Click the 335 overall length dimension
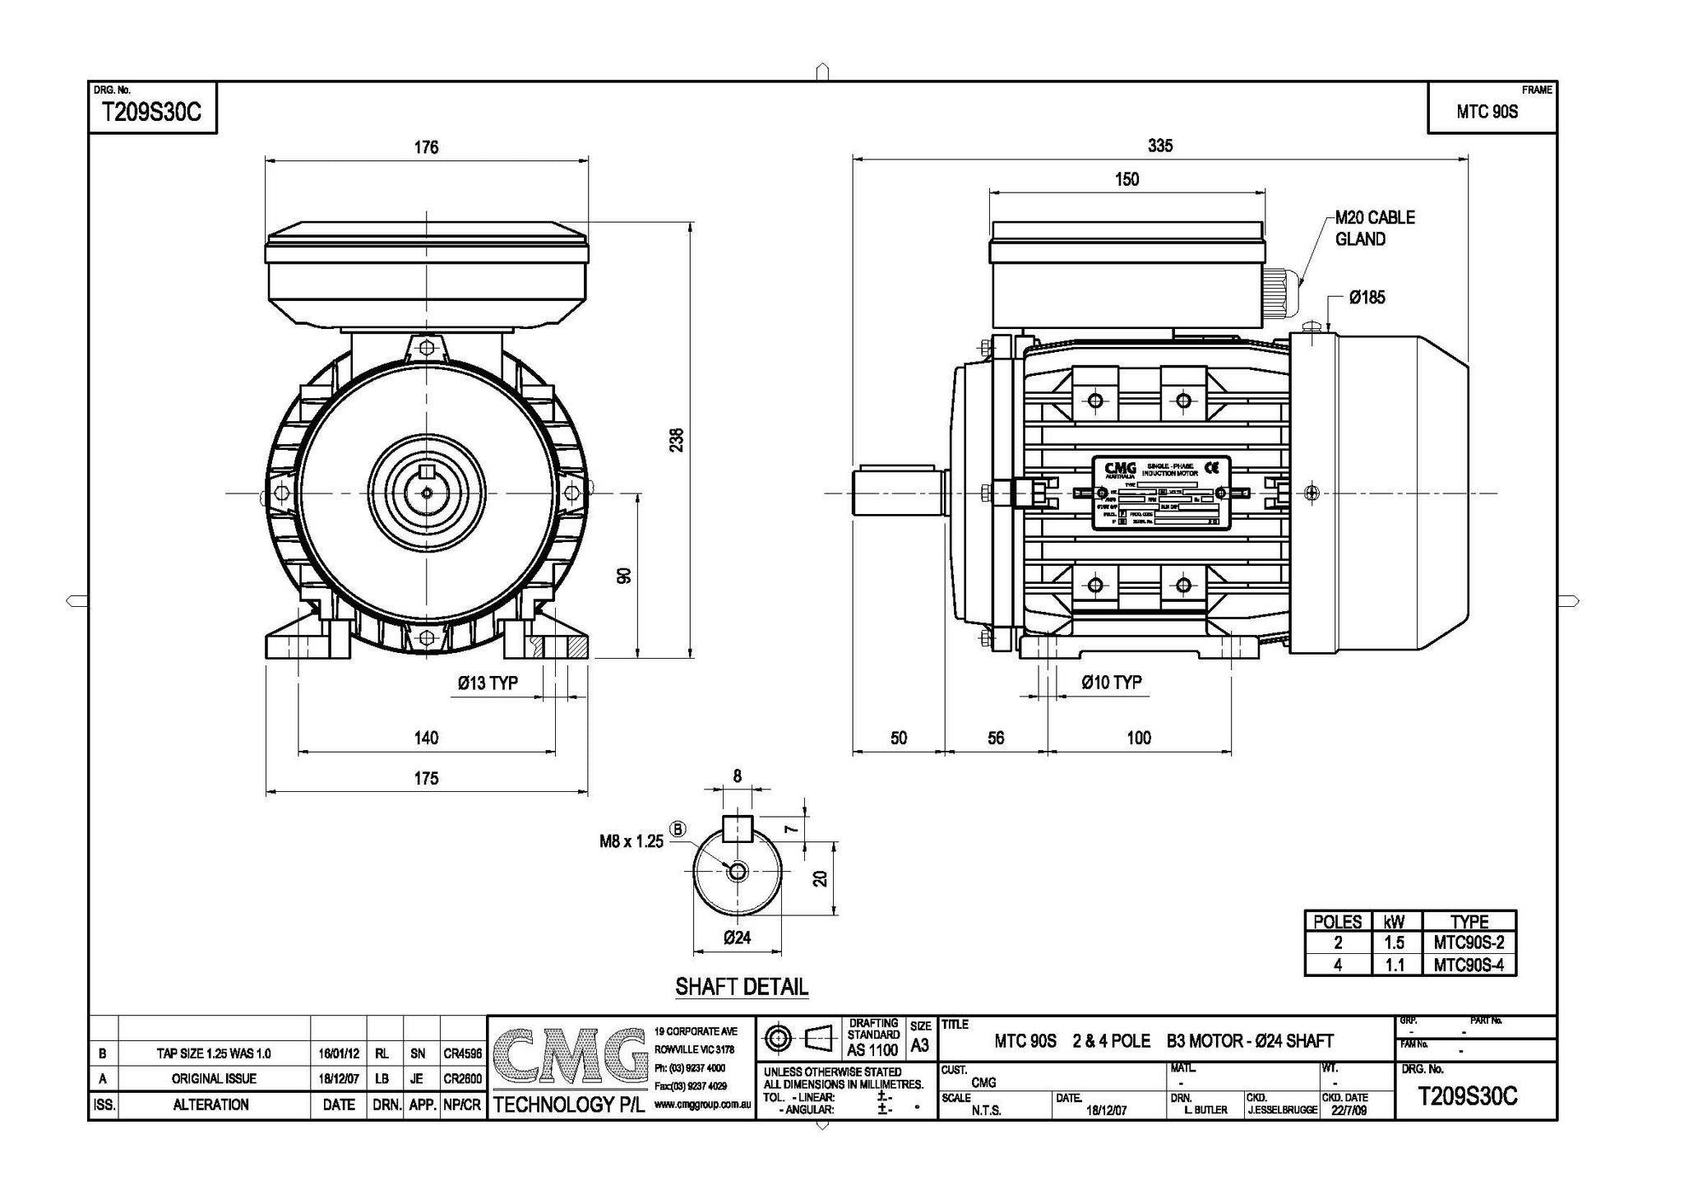pos(1159,146)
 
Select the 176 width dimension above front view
pos(426,147)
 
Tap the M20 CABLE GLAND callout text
pos(1374,228)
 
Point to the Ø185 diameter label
pos(1367,298)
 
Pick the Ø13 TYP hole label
pos(488,683)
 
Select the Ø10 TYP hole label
pos(1111,683)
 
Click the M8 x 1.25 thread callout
pos(631,841)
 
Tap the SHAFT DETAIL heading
pos(742,987)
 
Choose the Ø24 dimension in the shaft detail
pos(737,938)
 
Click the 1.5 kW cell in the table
pos(1394,943)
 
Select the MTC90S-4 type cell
pos(1469,965)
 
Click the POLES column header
pos(1338,922)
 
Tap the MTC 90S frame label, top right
pos(1487,113)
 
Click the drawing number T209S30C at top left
pos(150,113)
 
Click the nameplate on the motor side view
pos(1160,493)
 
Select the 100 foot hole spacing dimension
pos(1138,738)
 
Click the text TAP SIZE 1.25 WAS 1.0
pos(214,1053)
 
